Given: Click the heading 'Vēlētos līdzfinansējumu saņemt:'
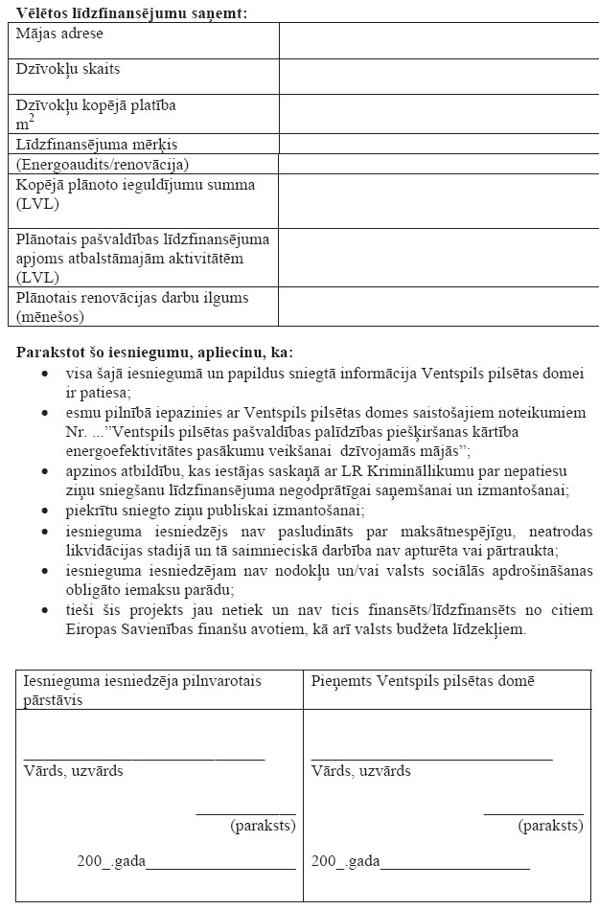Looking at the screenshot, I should [x=130, y=12].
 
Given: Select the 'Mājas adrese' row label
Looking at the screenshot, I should [x=59, y=34].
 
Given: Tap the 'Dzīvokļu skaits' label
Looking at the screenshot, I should [x=68, y=69].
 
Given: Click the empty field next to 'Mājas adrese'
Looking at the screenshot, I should [x=438, y=40].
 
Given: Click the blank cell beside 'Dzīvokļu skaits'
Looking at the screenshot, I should [x=438, y=77].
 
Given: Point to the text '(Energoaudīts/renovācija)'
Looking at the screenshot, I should [x=103, y=164].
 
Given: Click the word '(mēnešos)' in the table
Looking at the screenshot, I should [x=50, y=316].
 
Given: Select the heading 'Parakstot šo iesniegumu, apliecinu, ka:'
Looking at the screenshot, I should [x=154, y=352].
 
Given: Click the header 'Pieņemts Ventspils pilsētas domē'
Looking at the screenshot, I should [x=423, y=680].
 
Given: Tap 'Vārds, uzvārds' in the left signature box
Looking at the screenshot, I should [x=73, y=771].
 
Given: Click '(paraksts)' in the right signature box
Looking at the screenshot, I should [x=550, y=825].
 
